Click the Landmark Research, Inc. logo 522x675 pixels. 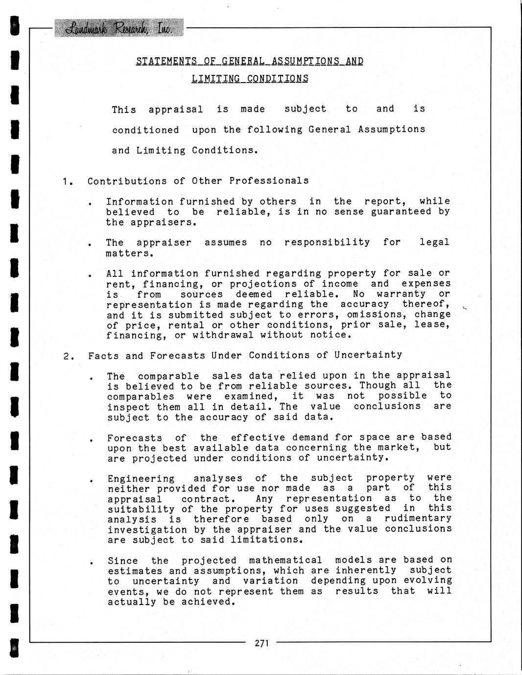119,28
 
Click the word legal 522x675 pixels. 434,242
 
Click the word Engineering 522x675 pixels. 141,478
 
